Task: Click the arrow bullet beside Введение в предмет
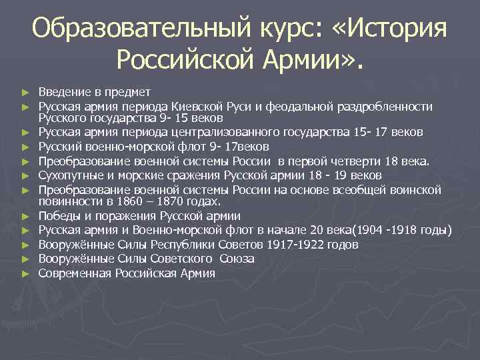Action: pyautogui.click(x=25, y=92)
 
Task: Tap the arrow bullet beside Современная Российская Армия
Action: pyautogui.click(x=25, y=274)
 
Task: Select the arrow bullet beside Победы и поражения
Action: pyautogui.click(x=25, y=216)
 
